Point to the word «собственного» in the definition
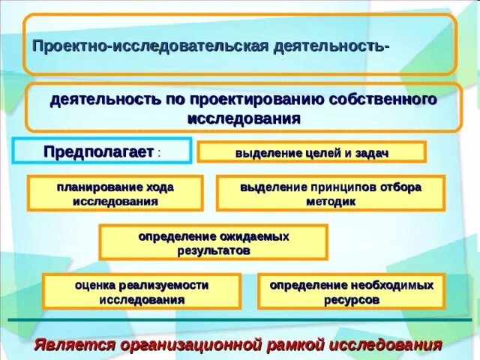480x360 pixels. (x=393, y=100)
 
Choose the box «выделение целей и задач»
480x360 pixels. (x=311, y=153)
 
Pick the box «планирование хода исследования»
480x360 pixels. (x=115, y=193)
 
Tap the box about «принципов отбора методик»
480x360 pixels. (x=331, y=193)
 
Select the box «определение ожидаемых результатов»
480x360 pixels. (x=213, y=243)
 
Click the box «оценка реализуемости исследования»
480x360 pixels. (x=141, y=292)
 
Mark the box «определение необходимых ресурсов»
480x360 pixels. (x=351, y=292)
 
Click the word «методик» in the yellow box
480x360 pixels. (x=331, y=202)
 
